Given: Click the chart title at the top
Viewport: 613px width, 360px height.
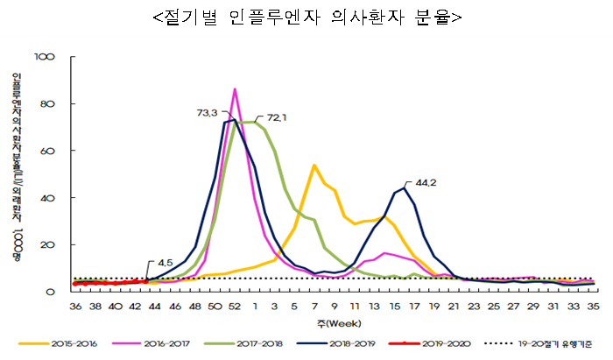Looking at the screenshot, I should click(306, 17).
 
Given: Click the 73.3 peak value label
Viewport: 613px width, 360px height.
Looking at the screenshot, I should click(208, 113).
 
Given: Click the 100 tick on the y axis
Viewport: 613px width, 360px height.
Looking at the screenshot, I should click(45, 57).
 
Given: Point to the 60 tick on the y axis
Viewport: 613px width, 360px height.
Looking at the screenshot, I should click(47, 151).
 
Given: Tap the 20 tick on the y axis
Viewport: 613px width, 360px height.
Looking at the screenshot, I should click(47, 244).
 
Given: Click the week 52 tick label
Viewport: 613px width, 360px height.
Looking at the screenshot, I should click(235, 307).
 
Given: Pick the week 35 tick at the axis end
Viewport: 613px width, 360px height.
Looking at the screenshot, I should click(592, 307).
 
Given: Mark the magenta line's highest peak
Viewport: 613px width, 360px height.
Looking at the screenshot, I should click(235, 89).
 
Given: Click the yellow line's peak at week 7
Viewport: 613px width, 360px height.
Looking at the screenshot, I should click(314, 165).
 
